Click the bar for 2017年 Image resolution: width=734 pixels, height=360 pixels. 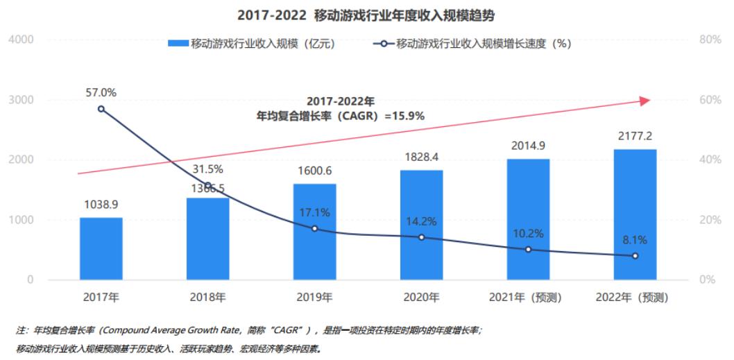pyautogui.click(x=101, y=248)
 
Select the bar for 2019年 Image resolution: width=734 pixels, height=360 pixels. pyautogui.click(x=314, y=232)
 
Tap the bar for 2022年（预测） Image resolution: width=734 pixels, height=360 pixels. pyautogui.click(x=635, y=214)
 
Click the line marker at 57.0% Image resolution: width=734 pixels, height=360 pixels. pyautogui.click(x=101, y=109)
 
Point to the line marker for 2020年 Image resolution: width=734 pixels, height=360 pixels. pyautogui.click(x=421, y=237)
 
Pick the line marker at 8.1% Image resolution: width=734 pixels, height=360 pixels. pyautogui.click(x=635, y=256)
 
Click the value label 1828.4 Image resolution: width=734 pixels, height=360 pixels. pyautogui.click(x=422, y=158)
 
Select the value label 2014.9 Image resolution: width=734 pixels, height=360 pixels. pyautogui.click(x=529, y=146)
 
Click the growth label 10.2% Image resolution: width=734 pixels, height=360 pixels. pyautogui.click(x=529, y=233)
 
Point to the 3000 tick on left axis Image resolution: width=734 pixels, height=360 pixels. pyautogui.click(x=22, y=100)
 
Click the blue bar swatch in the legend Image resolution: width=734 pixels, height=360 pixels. pyautogui.click(x=178, y=44)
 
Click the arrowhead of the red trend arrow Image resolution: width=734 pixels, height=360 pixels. pyautogui.click(x=645, y=101)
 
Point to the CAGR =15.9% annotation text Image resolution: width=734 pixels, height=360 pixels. pyautogui.click(x=340, y=116)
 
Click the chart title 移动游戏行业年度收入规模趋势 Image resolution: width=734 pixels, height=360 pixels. pyautogui.click(x=366, y=14)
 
